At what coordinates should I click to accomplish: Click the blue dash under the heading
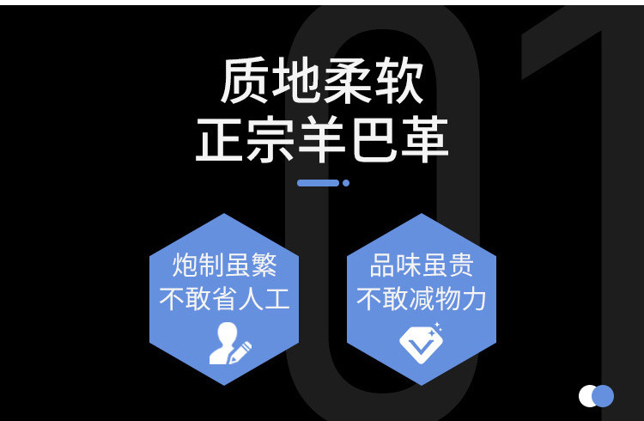point(318,183)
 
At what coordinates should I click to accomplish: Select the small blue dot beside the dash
point(346,183)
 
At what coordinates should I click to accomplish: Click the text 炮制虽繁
point(224,265)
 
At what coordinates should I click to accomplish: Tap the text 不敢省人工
point(224,298)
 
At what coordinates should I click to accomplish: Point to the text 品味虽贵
point(422,265)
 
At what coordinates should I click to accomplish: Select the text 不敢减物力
point(422,298)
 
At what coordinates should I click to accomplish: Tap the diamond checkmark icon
point(420,344)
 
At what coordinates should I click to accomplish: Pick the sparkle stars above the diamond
point(437,326)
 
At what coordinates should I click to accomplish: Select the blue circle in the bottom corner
point(604,396)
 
